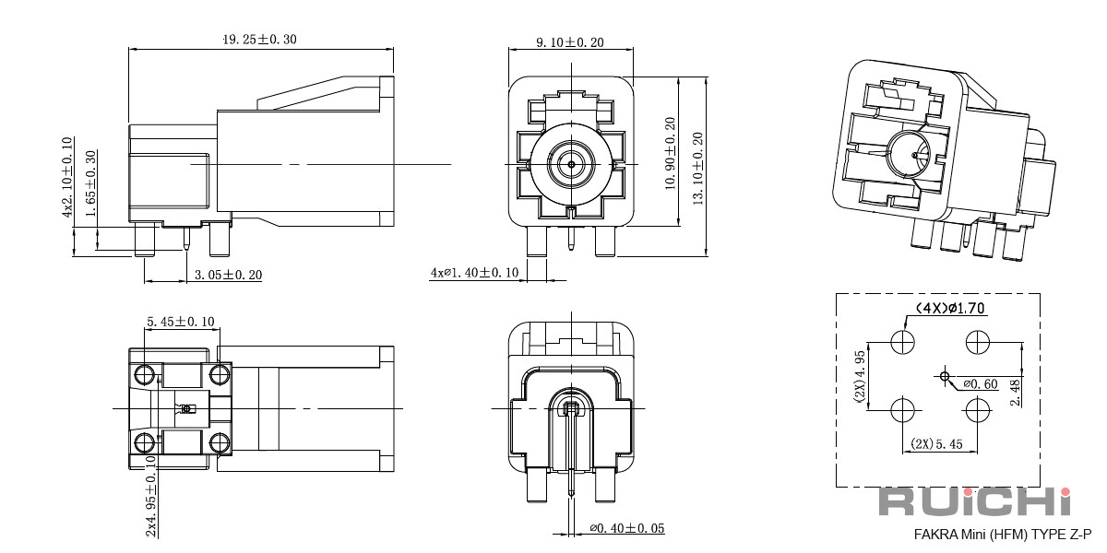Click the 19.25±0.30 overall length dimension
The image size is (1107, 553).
click(259, 40)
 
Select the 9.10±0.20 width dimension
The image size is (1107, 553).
click(570, 42)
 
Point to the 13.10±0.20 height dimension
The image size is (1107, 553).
click(697, 169)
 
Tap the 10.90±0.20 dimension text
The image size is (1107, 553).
click(670, 153)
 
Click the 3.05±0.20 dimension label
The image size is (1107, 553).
click(228, 275)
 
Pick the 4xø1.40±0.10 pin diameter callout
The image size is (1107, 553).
click(474, 273)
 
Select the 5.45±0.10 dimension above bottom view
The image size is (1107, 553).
click(181, 322)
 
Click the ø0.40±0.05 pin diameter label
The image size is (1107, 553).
click(626, 528)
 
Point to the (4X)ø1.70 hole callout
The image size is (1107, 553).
click(950, 308)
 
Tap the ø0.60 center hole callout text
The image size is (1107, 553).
click(981, 384)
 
